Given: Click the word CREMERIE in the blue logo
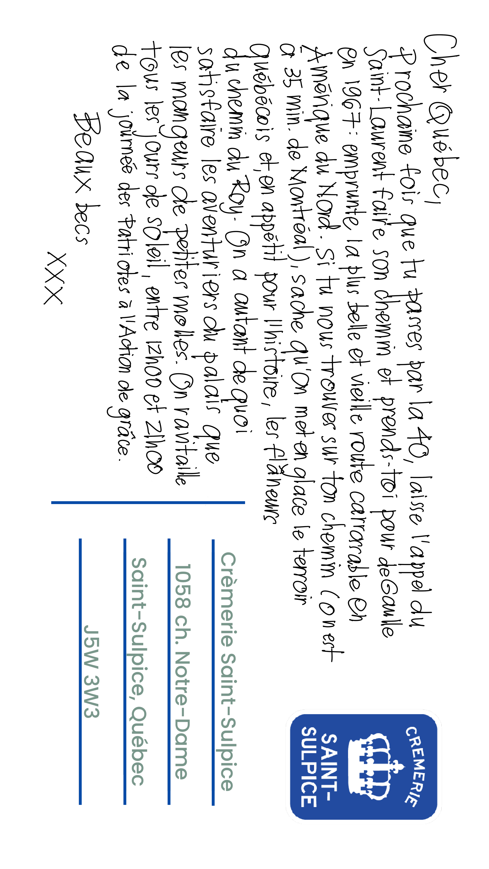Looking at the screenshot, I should pyautogui.click(x=416, y=766).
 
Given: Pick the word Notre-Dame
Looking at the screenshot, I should pyautogui.click(x=183, y=715).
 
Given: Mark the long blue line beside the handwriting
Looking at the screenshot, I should pyautogui.click(x=148, y=503).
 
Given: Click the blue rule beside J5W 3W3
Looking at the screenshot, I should pyautogui.click(x=80, y=671).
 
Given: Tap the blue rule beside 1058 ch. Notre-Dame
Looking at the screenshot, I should pyautogui.click(x=169, y=671).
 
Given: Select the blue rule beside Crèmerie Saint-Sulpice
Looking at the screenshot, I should pyautogui.click(x=213, y=671).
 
